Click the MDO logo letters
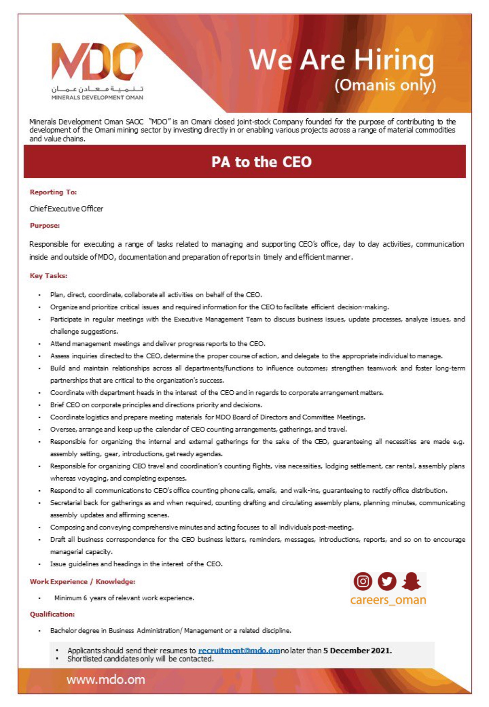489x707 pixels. click(x=97, y=61)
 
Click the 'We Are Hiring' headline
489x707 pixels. click(x=341, y=59)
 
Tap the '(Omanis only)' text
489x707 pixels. click(x=385, y=85)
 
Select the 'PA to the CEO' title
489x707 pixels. click(x=261, y=162)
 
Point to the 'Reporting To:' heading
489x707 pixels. click(x=53, y=192)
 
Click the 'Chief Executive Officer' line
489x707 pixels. click(x=66, y=208)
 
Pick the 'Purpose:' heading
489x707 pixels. click(x=45, y=225)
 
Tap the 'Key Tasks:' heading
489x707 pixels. click(x=48, y=276)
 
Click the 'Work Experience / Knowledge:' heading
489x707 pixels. click(x=82, y=581)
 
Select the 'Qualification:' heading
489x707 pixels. click(x=52, y=614)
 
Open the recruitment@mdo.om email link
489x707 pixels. click(x=239, y=651)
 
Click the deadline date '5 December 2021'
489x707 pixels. click(x=357, y=651)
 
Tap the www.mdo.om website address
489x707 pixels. click(x=106, y=679)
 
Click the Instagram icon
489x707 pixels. click(x=363, y=581)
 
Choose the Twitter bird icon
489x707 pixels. click(x=387, y=581)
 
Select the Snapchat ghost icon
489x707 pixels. click(x=411, y=581)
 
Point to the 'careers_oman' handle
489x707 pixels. click(x=388, y=600)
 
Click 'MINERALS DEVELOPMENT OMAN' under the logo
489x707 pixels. click(x=97, y=97)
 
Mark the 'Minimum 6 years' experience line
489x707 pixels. click(x=124, y=598)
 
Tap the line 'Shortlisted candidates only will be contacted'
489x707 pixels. click(x=140, y=659)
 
